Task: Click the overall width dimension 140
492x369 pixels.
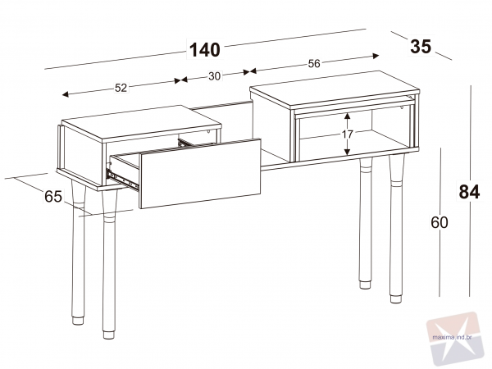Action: [205, 49]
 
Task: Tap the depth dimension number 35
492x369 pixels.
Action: [421, 47]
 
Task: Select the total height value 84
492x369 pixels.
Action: [469, 192]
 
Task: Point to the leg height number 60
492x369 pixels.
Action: [440, 222]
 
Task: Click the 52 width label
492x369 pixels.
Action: [121, 88]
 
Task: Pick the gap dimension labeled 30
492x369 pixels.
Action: [214, 76]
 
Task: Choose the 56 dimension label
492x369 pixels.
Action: [314, 63]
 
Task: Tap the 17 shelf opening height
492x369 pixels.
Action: [347, 134]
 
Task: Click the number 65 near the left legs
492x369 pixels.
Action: [53, 197]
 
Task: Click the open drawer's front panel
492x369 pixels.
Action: [200, 174]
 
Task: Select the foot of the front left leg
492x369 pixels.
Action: [108, 335]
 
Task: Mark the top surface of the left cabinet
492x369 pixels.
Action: [142, 122]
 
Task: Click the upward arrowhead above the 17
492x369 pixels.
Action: [347, 116]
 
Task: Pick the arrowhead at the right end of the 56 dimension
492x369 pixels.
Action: [376, 56]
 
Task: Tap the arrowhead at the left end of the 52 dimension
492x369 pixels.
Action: [66, 94]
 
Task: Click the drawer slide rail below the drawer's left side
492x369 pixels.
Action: [122, 180]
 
